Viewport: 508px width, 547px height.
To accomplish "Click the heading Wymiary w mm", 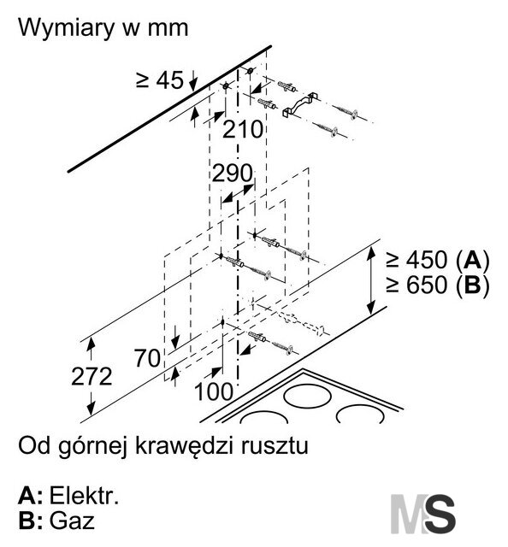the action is click(103, 28).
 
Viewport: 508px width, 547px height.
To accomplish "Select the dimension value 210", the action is click(243, 129).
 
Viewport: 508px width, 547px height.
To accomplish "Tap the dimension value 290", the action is click(232, 173).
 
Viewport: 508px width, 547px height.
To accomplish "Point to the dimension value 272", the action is click(92, 376).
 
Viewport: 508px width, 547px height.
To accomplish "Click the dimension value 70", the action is click(148, 358).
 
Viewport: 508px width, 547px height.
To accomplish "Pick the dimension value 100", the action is click(213, 391).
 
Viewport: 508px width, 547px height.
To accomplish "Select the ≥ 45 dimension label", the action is click(160, 79).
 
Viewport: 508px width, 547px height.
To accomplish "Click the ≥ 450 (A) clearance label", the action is click(438, 260).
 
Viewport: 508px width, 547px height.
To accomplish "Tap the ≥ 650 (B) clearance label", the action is click(438, 285).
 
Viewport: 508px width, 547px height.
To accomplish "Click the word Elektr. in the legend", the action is click(84, 496).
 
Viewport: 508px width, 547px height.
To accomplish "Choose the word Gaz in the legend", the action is click(72, 521).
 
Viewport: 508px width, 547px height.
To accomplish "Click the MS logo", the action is click(422, 514).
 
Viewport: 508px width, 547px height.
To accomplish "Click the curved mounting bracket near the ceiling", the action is click(299, 104).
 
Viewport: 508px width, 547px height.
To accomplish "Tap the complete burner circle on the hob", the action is click(307, 395).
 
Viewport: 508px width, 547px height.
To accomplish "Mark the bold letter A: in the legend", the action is click(30, 496).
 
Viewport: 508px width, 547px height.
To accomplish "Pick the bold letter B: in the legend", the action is click(30, 521).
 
